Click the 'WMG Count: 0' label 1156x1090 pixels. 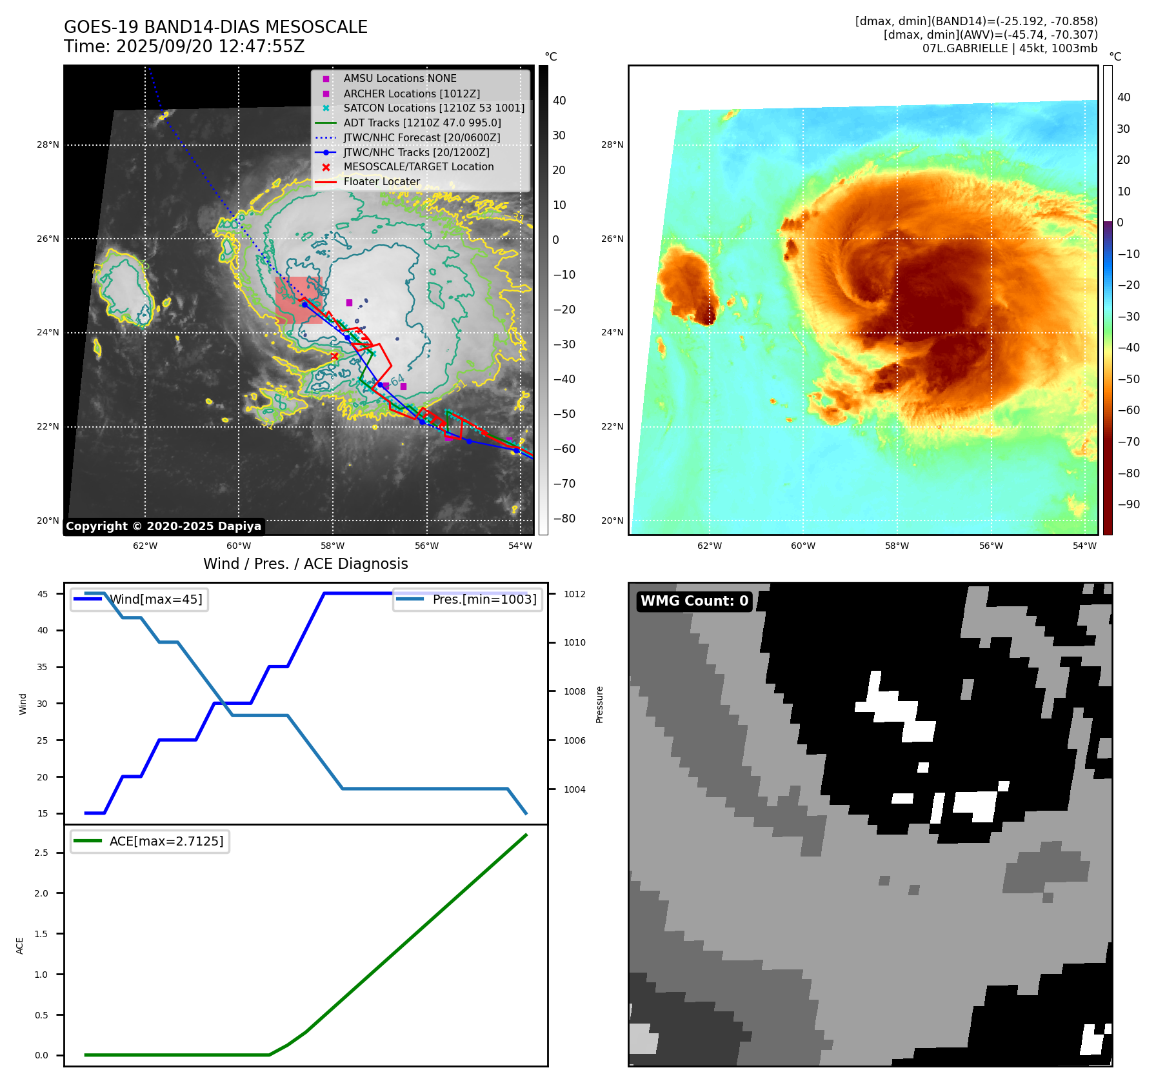coord(694,601)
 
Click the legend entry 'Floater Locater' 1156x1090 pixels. coord(381,182)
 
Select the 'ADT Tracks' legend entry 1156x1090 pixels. coord(422,123)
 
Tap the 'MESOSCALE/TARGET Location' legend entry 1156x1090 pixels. coord(418,167)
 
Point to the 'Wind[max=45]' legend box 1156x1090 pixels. coord(139,599)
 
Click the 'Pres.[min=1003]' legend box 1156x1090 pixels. coord(468,599)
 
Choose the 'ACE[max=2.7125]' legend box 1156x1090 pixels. coord(150,841)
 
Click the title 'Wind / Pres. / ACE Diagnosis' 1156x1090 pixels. coord(306,564)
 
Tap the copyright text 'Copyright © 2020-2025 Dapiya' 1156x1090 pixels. coord(163,526)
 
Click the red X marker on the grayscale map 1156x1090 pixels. coord(334,356)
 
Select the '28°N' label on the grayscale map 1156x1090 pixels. coord(48,145)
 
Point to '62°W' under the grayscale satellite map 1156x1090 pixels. coord(145,546)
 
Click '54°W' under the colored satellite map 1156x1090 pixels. coord(1084,546)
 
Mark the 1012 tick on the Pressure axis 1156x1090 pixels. coord(574,594)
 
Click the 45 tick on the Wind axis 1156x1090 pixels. coord(43,594)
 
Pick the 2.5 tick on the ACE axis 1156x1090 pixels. coord(41,853)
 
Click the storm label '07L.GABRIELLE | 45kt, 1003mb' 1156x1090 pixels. coord(1010,48)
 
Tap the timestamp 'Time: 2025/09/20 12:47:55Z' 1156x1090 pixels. coord(184,46)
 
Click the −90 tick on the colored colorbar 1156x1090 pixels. coord(1128,504)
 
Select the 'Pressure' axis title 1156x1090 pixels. coord(599,704)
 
